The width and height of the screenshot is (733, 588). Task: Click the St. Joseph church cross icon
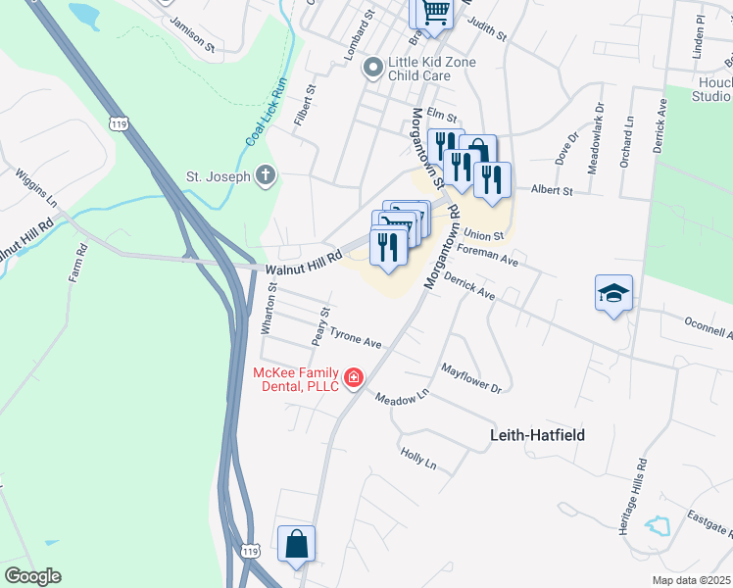click(265, 177)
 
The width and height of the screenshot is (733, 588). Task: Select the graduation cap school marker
click(613, 292)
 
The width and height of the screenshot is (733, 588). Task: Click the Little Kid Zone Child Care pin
click(372, 68)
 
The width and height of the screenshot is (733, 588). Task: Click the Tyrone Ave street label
click(355, 338)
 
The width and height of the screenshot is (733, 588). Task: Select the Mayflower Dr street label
click(470, 378)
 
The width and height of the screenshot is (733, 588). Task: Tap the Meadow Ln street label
click(402, 402)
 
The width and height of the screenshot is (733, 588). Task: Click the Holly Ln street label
click(417, 458)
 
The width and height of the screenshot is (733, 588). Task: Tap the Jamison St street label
click(190, 33)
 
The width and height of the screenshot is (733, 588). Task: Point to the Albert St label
click(551, 190)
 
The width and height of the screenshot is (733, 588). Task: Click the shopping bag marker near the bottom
click(296, 544)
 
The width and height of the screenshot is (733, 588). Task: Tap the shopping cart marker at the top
click(434, 14)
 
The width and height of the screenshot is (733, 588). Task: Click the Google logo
click(32, 575)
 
